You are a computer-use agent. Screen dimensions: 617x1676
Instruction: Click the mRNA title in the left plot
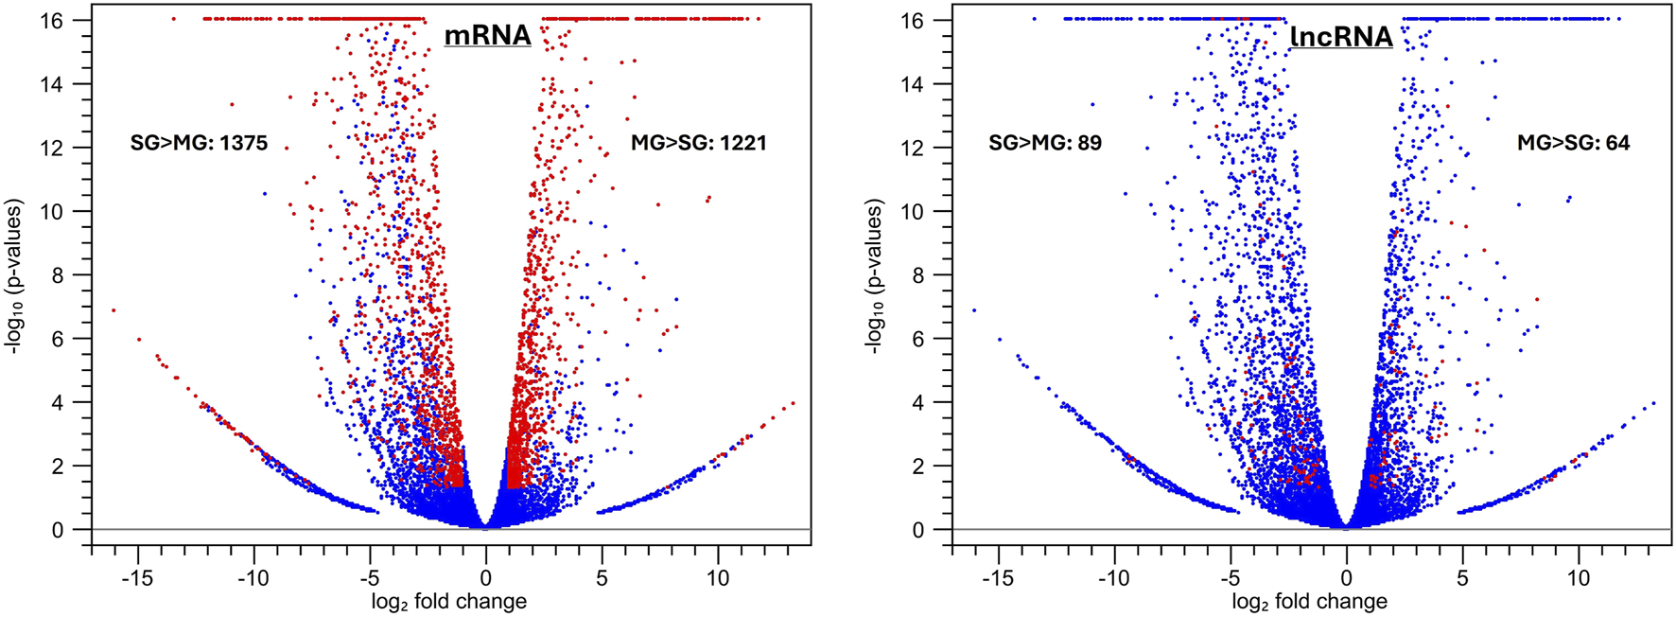pyautogui.click(x=488, y=35)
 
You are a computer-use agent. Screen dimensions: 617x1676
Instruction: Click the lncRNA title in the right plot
pyautogui.click(x=1341, y=37)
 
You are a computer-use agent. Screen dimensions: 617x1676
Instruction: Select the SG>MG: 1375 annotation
pyautogui.click(x=199, y=143)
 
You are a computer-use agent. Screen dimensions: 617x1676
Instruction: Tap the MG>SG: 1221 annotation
pyautogui.click(x=698, y=143)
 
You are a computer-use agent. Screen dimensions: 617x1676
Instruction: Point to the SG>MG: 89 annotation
pyautogui.click(x=1045, y=143)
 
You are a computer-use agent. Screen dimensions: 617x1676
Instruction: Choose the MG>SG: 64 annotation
pyautogui.click(x=1573, y=143)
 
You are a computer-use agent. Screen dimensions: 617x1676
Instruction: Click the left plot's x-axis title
pyautogui.click(x=448, y=602)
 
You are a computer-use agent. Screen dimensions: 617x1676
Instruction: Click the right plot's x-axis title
pyautogui.click(x=1309, y=602)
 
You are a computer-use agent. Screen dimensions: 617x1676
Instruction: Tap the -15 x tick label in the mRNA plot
pyautogui.click(x=138, y=578)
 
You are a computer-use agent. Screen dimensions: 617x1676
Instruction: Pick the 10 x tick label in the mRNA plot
pyautogui.click(x=718, y=578)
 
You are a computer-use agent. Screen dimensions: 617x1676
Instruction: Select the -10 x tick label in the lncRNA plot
pyautogui.click(x=1114, y=578)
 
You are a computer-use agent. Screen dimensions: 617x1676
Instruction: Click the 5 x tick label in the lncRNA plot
pyautogui.click(x=1462, y=578)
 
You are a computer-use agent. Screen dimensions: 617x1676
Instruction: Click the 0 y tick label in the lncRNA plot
pyautogui.click(x=917, y=530)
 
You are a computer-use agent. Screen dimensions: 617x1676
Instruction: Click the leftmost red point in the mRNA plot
pyautogui.click(x=113, y=310)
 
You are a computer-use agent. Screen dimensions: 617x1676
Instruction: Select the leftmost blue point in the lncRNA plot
pyautogui.click(x=974, y=310)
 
